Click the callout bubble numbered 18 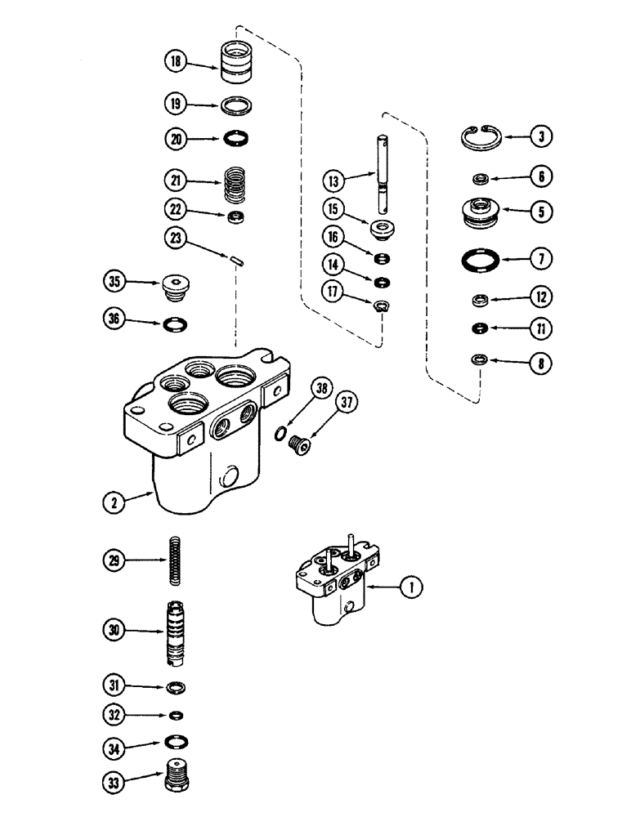176,61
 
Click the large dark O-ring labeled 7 480,261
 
